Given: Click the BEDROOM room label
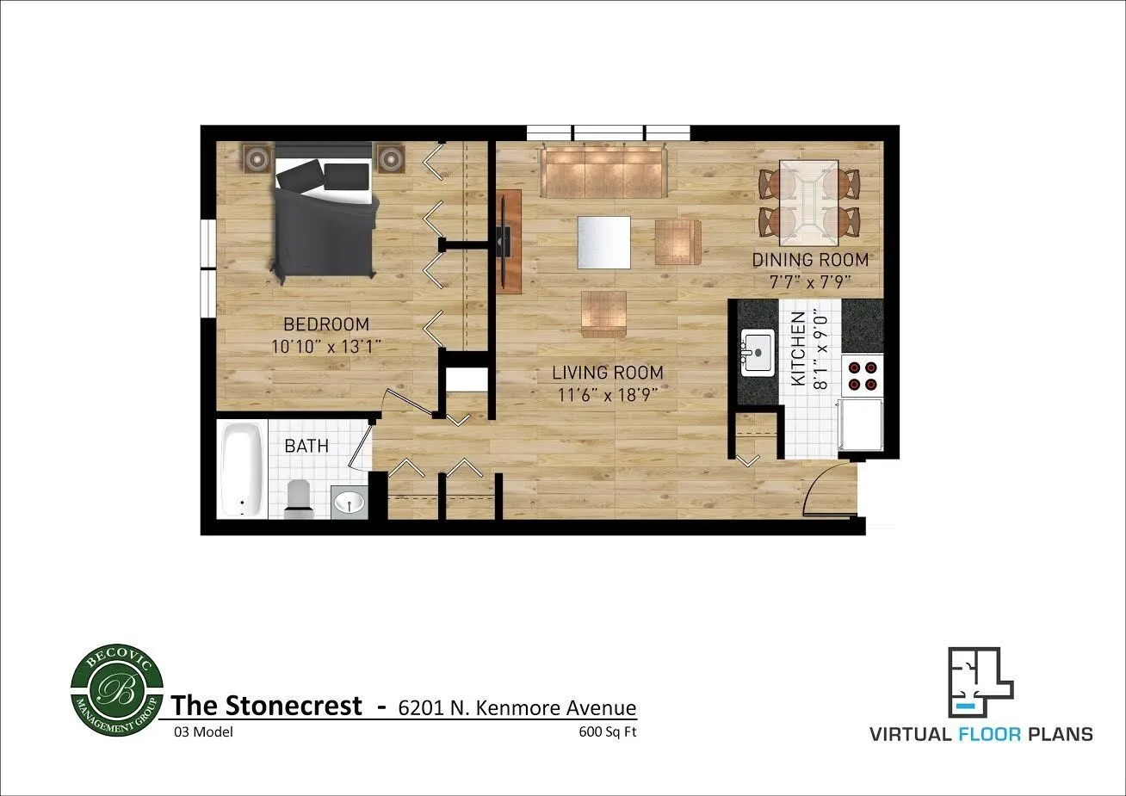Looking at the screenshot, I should click(325, 324).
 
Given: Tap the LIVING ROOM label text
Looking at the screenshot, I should click(607, 373).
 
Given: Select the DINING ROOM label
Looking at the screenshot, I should click(810, 259).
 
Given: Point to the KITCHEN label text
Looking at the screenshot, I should click(799, 349).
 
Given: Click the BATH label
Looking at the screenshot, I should click(306, 446).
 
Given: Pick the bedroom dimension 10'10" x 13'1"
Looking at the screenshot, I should click(325, 346).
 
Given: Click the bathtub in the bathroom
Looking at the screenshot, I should click(242, 470).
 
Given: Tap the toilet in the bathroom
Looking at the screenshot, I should click(298, 497).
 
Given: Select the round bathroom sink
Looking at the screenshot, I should click(350, 501).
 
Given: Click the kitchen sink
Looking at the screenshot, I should click(758, 353).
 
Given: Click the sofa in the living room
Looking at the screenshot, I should click(604, 171).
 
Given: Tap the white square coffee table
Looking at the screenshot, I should click(603, 241).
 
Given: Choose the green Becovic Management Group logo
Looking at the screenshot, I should click(115, 692).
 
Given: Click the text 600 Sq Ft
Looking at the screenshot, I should click(608, 732).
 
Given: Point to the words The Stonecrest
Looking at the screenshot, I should click(267, 706).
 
